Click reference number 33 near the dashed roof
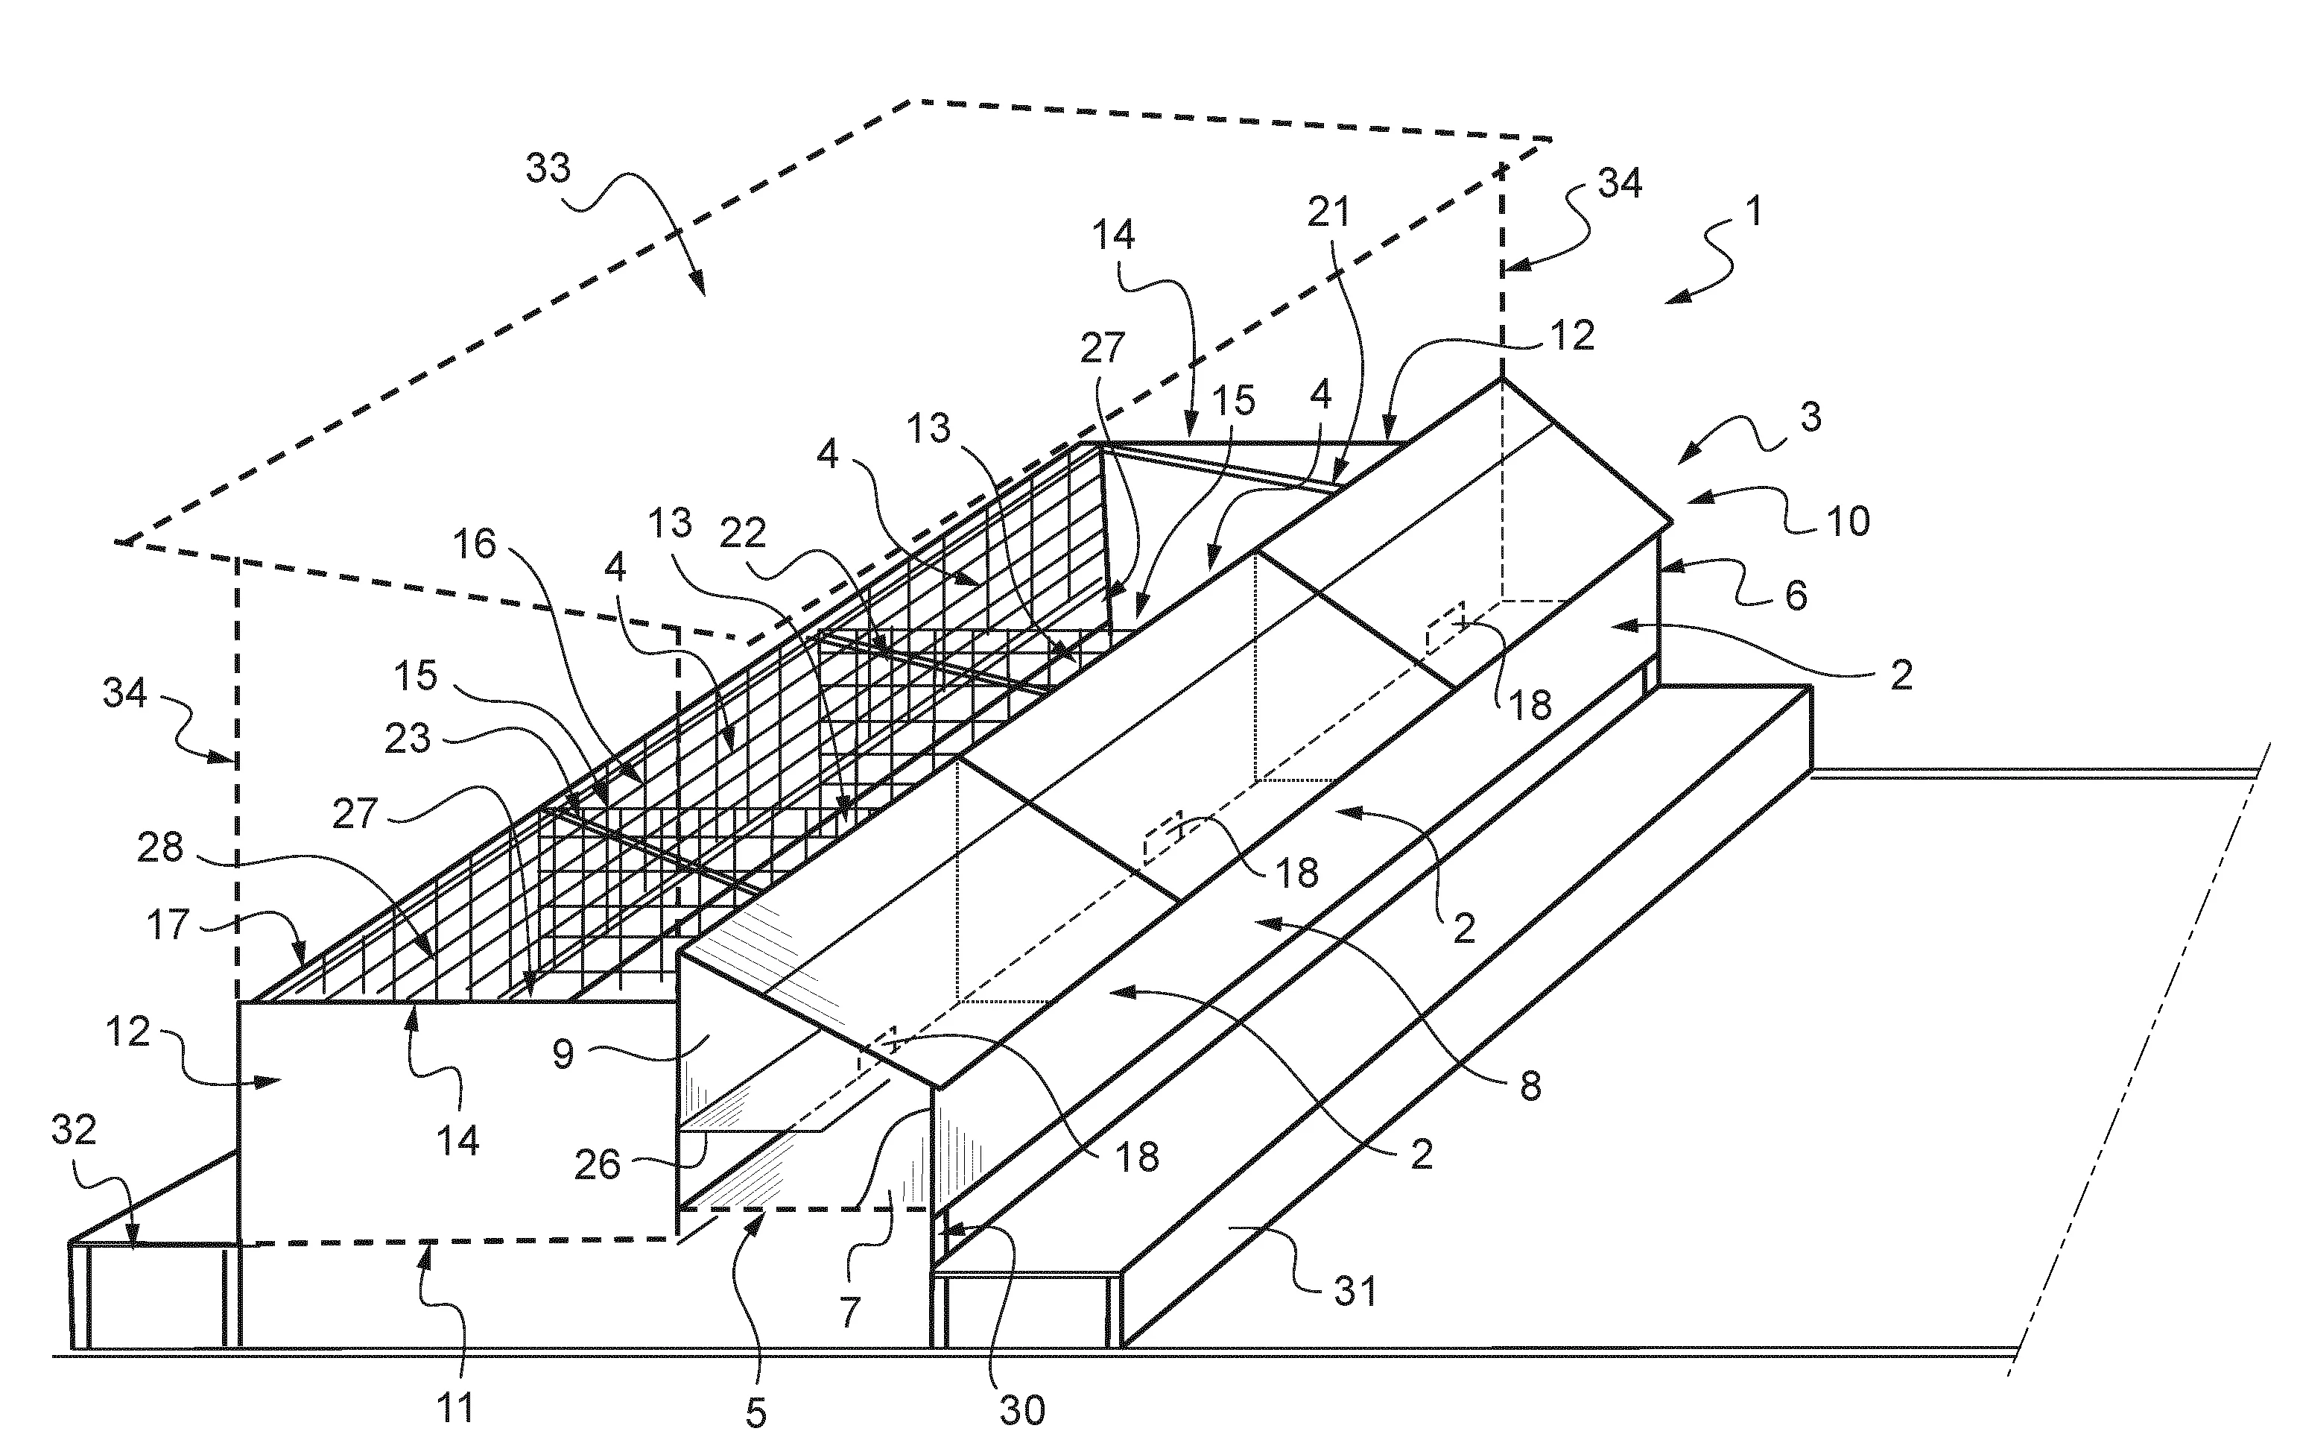coord(548,168)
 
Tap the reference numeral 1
coord(1752,210)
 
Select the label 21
coord(1329,212)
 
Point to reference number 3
coord(1810,417)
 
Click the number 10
coord(1848,522)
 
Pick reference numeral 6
coord(1796,596)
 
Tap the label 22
coord(743,534)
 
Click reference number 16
coord(474,545)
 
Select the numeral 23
coord(408,739)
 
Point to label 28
coord(160,847)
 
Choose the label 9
coord(563,1054)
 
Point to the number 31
coord(1355,1292)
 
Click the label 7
coord(850,1313)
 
